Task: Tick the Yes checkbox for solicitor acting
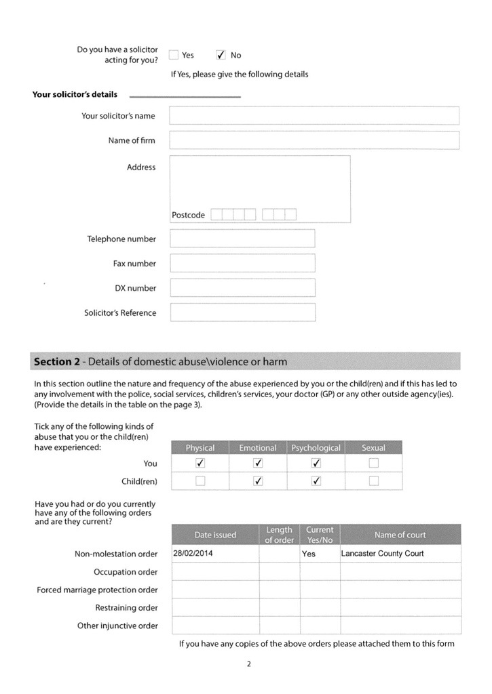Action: [174, 55]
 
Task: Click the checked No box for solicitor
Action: [221, 55]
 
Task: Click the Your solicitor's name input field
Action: [314, 116]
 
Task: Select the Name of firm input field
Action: [314, 140]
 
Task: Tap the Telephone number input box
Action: [242, 239]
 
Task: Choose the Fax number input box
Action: [242, 263]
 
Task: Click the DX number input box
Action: [242, 288]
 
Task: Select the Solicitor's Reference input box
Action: [242, 312]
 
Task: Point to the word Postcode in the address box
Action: [188, 215]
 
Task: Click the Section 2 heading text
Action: [160, 362]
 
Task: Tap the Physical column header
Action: [200, 448]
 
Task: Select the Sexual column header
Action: [373, 448]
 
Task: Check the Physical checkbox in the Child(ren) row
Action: [200, 481]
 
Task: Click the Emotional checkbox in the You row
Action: [258, 464]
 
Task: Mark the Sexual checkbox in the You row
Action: [373, 464]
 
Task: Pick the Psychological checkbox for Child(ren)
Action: [316, 481]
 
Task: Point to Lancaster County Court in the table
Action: [382, 553]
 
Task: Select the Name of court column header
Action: [400, 535]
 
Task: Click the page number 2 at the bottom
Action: [249, 664]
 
